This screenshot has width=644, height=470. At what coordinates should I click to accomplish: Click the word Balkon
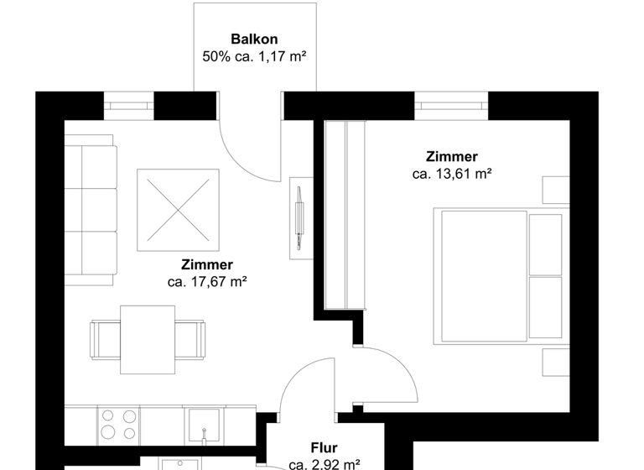(x=254, y=39)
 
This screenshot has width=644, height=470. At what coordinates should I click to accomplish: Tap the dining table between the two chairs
(x=148, y=339)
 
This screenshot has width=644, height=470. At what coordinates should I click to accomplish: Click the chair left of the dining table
(x=106, y=339)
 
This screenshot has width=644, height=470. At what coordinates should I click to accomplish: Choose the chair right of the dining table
(x=190, y=339)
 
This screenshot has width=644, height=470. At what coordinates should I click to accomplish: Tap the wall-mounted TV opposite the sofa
(x=299, y=213)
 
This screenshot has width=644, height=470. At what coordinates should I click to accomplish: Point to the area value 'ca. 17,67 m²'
(x=206, y=282)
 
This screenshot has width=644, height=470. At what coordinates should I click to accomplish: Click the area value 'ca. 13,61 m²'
(x=451, y=175)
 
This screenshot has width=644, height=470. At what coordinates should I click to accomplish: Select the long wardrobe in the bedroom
(x=345, y=215)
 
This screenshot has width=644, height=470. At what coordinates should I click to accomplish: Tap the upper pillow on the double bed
(x=545, y=243)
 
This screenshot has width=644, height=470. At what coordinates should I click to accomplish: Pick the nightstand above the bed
(x=554, y=190)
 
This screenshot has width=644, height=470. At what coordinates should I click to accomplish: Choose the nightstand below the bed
(x=554, y=363)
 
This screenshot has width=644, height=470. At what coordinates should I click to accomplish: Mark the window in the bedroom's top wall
(x=450, y=107)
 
